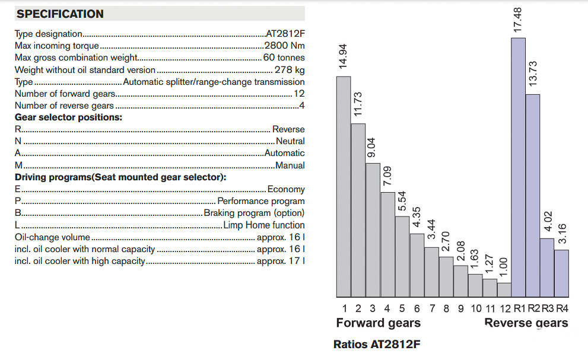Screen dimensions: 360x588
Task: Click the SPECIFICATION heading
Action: (x=60, y=14)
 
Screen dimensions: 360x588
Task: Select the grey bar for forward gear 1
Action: (x=344, y=187)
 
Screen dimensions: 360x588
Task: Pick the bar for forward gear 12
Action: (x=504, y=290)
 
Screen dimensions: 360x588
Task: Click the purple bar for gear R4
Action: (x=561, y=273)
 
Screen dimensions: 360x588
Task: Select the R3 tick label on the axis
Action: (x=547, y=308)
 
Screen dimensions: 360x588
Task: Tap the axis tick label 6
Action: (x=417, y=308)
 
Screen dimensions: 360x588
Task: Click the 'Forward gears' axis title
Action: (x=378, y=323)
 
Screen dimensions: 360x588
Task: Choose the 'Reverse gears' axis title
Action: (x=526, y=323)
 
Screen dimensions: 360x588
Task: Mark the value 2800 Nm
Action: (x=284, y=46)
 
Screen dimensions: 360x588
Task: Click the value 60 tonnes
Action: (x=284, y=58)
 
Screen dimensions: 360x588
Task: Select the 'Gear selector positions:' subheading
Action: (x=68, y=117)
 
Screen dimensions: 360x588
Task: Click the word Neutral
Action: (x=290, y=141)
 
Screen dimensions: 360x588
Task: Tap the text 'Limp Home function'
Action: (x=264, y=225)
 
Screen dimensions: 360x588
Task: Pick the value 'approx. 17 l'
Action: (x=281, y=261)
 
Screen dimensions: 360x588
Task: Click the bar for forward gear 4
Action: (x=387, y=244)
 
